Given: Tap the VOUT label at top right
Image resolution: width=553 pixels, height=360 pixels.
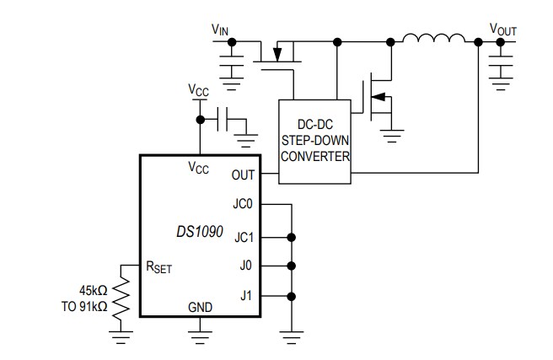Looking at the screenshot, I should tap(503, 30).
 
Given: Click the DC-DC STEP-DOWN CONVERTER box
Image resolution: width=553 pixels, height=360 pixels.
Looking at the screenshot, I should tap(314, 142).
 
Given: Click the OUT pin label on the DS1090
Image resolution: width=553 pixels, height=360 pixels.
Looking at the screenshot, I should tap(241, 175).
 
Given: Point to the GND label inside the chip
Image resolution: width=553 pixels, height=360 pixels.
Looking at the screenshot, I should tap(200, 306).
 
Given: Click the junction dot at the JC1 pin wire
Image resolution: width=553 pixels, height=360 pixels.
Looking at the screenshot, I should tap(292, 236).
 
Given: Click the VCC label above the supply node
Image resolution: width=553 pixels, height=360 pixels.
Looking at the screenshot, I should tap(198, 89).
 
